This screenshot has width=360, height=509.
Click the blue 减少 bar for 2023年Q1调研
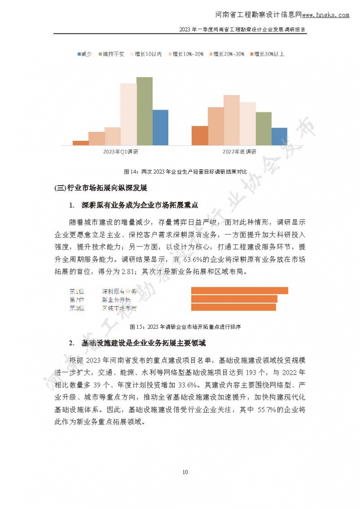pyautogui.click(x=160, y=127)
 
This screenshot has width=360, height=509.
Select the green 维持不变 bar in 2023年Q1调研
pyautogui.click(x=144, y=111)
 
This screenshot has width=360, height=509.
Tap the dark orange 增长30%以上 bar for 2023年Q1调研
pyautogui.click(x=81, y=143)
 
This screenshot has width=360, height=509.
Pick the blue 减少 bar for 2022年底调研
pyautogui.click(x=279, y=136)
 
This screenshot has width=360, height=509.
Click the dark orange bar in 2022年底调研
pyautogui.click(x=200, y=135)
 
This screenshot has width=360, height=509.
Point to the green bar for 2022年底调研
pyautogui.click(x=263, y=129)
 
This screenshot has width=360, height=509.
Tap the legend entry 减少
pyautogui.click(x=84, y=54)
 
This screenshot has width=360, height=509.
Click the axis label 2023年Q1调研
pyautogui.click(x=120, y=152)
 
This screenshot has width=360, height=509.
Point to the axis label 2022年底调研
pyautogui.click(x=239, y=152)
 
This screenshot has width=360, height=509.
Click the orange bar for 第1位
pyautogui.click(x=239, y=290)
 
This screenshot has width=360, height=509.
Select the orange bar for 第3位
pyautogui.click(x=234, y=307)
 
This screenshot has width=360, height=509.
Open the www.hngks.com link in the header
pyautogui.click(x=325, y=15)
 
